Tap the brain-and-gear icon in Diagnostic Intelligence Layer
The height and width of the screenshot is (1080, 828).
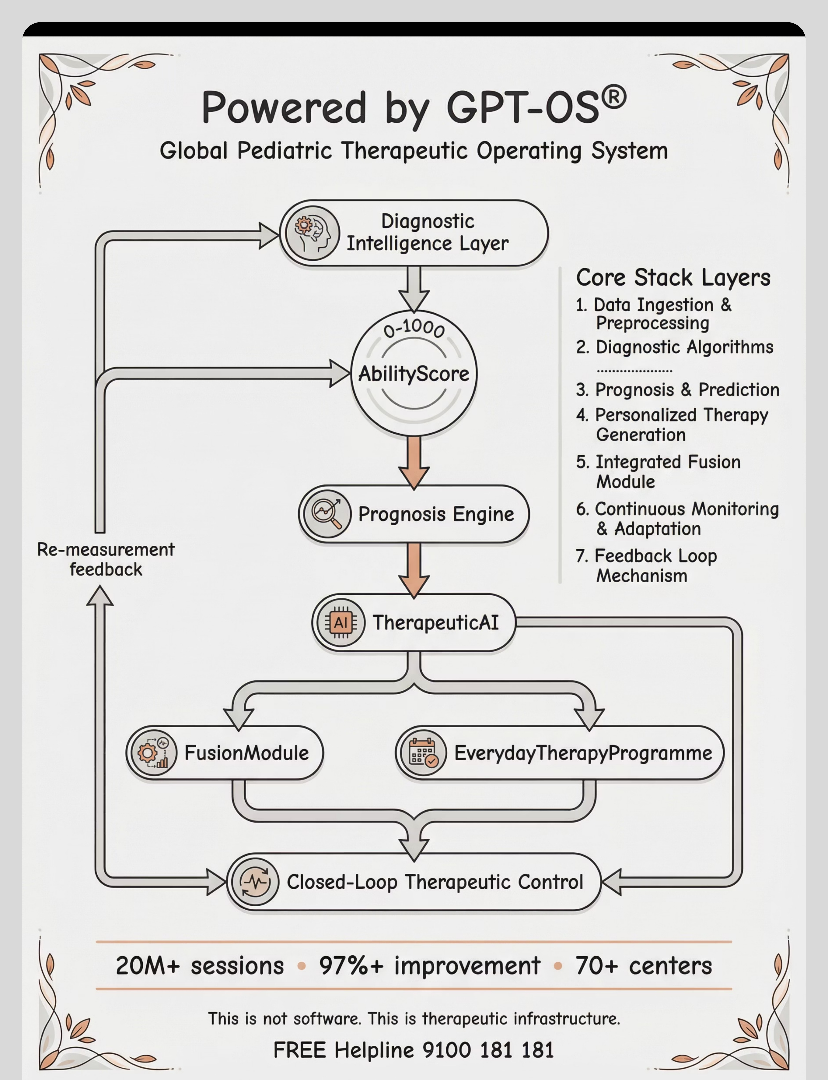[312, 233]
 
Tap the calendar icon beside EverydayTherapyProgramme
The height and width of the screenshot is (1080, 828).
[422, 753]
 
